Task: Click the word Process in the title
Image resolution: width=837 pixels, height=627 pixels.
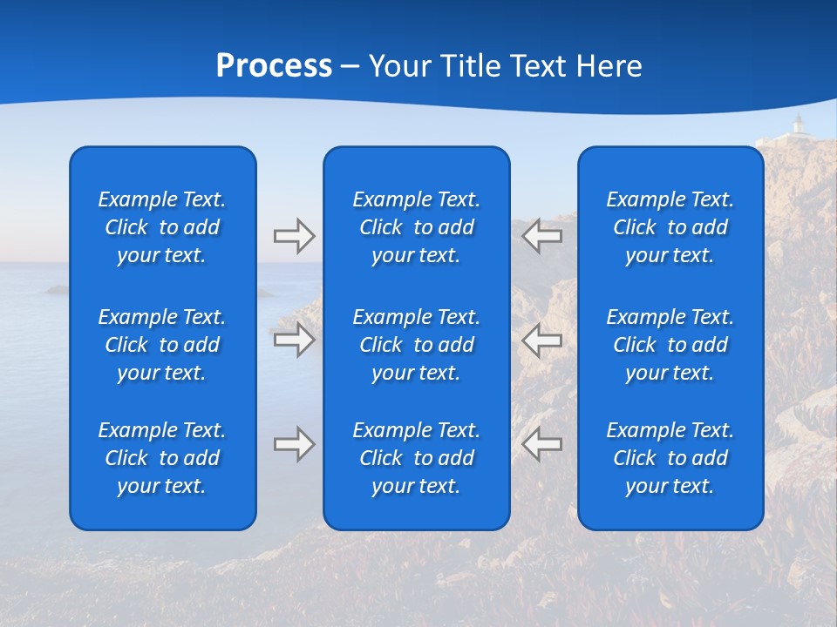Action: click(x=274, y=66)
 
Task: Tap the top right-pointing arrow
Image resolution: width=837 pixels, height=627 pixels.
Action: click(x=294, y=236)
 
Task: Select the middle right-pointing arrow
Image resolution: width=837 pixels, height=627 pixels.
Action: click(x=294, y=340)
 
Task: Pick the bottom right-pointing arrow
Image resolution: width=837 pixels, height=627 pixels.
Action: click(x=294, y=444)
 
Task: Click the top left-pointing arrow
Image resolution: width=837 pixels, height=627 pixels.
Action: click(x=541, y=236)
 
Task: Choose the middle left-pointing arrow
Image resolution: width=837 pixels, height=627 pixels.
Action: click(x=541, y=340)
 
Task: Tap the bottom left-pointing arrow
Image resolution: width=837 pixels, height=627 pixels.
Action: click(x=541, y=444)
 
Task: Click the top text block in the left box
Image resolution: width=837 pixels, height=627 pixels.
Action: click(x=162, y=227)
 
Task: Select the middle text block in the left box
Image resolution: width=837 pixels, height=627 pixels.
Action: click(x=162, y=345)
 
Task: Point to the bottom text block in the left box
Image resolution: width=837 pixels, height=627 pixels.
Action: click(x=162, y=458)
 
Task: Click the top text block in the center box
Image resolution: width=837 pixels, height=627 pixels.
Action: click(x=416, y=227)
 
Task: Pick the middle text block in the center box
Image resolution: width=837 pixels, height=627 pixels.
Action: click(x=416, y=345)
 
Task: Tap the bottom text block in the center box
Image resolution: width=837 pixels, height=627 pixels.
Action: click(x=416, y=458)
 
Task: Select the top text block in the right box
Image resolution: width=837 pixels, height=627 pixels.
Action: click(x=670, y=227)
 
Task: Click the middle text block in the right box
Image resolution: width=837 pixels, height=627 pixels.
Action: click(x=670, y=345)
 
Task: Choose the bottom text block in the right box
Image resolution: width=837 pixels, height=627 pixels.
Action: click(x=670, y=458)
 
